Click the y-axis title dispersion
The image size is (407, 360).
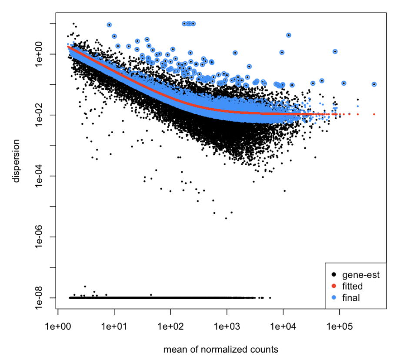17,160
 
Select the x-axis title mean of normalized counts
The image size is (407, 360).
221,349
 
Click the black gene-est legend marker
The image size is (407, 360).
334,275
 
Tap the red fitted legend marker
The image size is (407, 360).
334,286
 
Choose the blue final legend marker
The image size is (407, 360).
334,297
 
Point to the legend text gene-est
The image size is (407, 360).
361,275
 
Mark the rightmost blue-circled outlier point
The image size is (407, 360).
374,84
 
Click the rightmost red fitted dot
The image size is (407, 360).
374,114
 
